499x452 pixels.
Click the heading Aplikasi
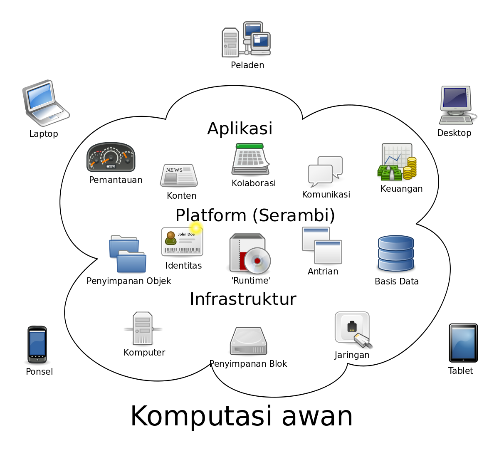click(x=240, y=128)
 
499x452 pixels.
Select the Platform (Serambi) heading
click(x=255, y=215)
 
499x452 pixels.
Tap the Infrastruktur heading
click(x=243, y=299)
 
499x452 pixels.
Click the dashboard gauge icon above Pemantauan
click(x=111, y=157)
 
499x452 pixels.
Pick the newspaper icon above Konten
click(x=179, y=175)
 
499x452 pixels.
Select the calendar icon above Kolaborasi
click(x=250, y=159)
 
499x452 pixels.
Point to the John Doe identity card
click(x=182, y=242)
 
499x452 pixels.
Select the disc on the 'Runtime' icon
click(x=257, y=261)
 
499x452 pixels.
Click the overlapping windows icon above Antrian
click(x=322, y=245)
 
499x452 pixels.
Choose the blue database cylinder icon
click(x=395, y=253)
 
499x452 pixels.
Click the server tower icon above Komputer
click(x=143, y=329)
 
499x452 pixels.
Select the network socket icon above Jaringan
click(x=352, y=328)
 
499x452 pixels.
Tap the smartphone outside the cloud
click(x=37, y=344)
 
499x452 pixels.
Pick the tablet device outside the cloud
click(x=463, y=343)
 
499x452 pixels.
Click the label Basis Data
click(x=396, y=282)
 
